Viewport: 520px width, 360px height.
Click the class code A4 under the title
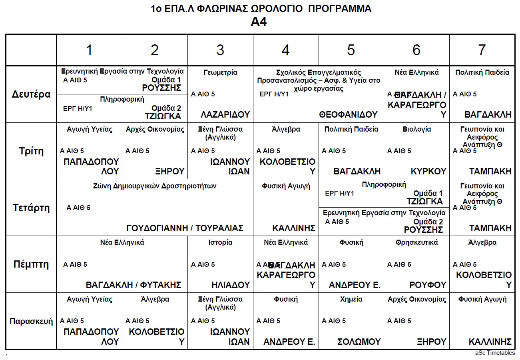[x=259, y=22]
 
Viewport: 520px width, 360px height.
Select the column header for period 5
[x=351, y=50]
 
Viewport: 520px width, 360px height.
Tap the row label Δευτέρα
[x=31, y=95]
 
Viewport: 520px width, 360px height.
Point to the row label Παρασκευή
[x=31, y=321]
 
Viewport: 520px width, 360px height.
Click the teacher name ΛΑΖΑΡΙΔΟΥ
[x=225, y=115]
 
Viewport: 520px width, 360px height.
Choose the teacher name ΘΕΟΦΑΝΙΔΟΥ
[x=348, y=115]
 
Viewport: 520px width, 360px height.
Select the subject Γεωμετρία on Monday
[x=220, y=72]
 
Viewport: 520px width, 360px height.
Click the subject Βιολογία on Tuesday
[x=416, y=129]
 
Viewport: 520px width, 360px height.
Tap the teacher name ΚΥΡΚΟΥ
[x=428, y=172]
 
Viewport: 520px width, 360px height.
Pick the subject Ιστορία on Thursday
[x=220, y=242]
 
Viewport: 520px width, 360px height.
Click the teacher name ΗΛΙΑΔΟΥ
[x=231, y=285]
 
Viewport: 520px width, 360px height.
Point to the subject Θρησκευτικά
[x=416, y=242]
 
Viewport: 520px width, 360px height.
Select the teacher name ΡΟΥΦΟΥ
[x=428, y=285]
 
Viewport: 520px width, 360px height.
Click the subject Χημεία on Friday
[x=351, y=299]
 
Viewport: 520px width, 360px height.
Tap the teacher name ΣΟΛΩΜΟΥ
[x=359, y=342]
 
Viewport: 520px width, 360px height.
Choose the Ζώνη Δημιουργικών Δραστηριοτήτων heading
[x=155, y=186]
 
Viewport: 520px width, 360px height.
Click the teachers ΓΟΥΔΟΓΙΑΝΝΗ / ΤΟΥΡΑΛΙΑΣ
[x=185, y=228]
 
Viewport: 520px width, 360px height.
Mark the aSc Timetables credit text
[x=495, y=353]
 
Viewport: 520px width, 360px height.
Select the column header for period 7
[x=482, y=50]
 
